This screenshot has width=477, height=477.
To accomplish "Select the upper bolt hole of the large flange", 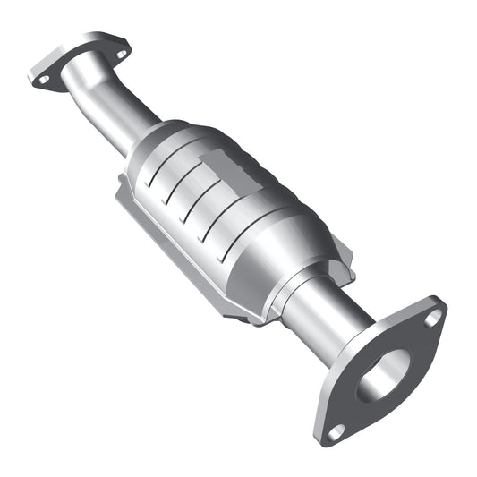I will (432, 316).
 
